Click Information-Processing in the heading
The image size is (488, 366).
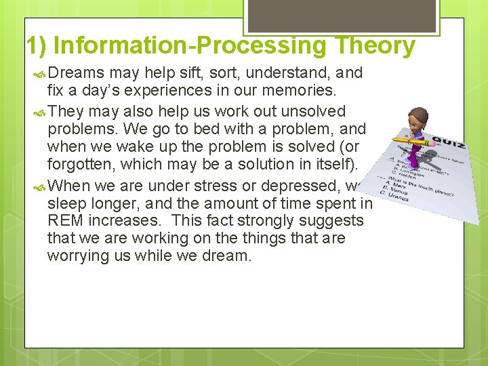pos(188,46)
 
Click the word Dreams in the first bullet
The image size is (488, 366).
pos(76,73)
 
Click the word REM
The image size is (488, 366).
pos(65,221)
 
